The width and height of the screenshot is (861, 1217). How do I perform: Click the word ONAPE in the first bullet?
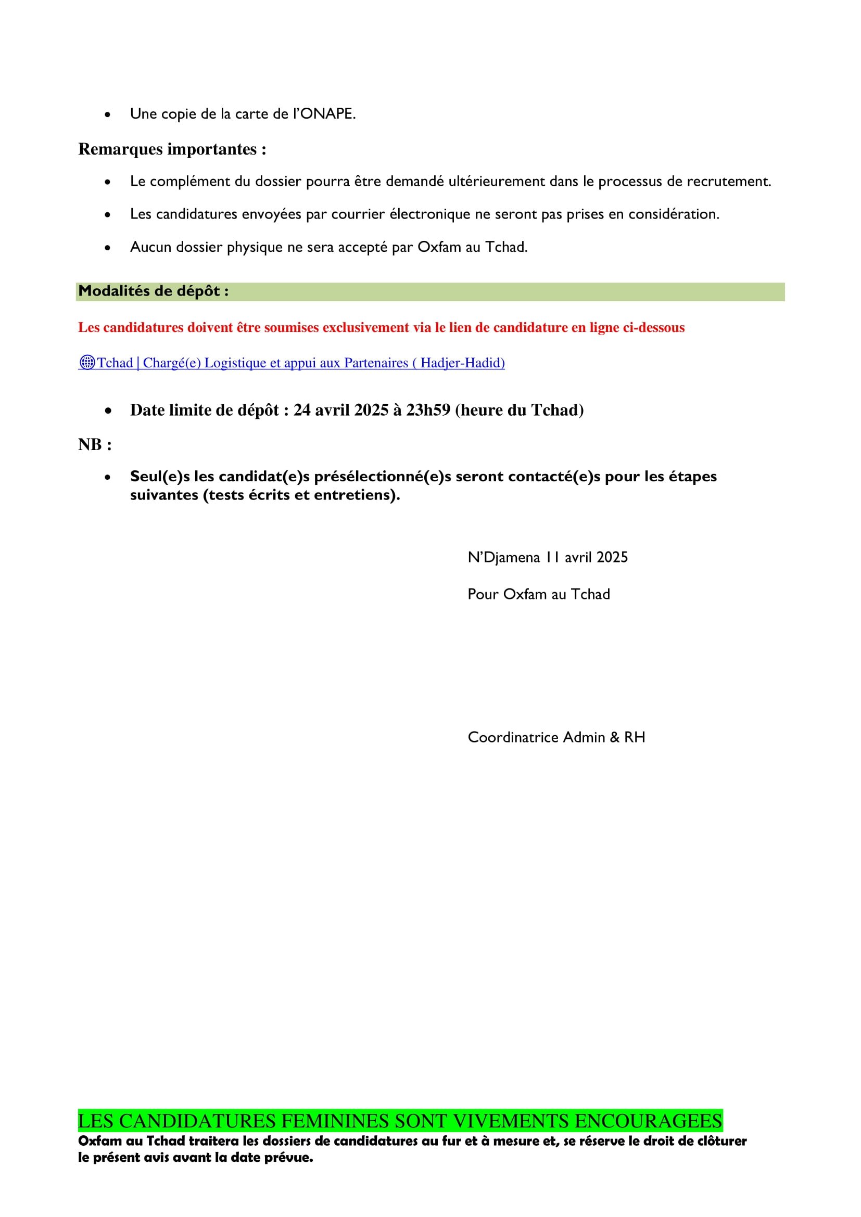pyautogui.click(x=327, y=114)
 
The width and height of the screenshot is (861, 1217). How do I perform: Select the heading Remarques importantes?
pyautogui.click(x=172, y=149)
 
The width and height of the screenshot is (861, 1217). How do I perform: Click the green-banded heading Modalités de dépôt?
pyautogui.click(x=153, y=291)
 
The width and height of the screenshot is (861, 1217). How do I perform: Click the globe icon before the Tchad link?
pyautogui.click(x=86, y=363)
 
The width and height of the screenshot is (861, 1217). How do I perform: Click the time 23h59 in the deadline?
pyautogui.click(x=428, y=410)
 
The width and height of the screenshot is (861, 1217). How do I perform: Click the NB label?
pyautogui.click(x=94, y=445)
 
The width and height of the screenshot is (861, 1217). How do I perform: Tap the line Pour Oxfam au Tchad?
pyautogui.click(x=538, y=594)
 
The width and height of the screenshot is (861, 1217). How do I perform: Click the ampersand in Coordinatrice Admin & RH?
pyautogui.click(x=614, y=737)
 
